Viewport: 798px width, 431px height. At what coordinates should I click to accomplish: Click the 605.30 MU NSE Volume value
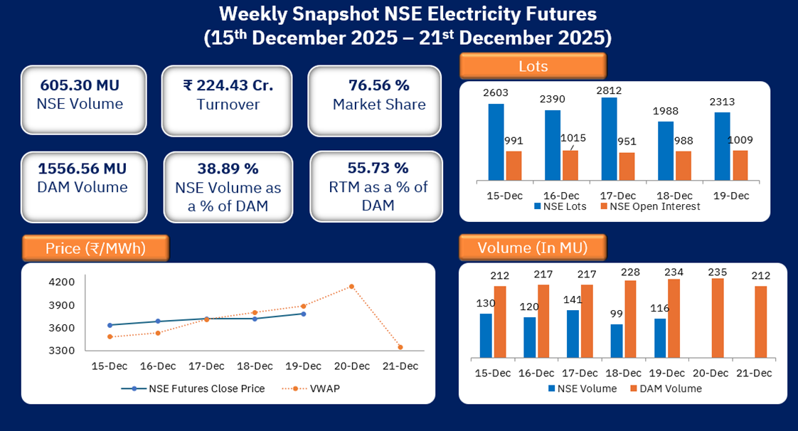[80, 86]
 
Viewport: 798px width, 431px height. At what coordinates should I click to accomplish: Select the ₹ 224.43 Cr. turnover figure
[228, 86]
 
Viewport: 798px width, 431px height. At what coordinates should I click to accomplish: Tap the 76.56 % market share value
[378, 86]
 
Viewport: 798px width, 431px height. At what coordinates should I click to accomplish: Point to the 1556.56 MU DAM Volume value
[83, 169]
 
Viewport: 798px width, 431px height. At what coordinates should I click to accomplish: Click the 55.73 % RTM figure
[378, 169]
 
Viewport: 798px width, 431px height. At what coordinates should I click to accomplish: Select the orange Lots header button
[533, 66]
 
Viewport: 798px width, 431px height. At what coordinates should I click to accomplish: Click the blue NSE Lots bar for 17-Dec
[609, 139]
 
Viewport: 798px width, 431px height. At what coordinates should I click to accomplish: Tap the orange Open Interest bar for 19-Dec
[740, 165]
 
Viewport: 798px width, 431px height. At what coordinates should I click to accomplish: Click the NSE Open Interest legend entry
[650, 206]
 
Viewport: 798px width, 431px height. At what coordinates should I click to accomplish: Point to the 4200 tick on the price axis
[63, 282]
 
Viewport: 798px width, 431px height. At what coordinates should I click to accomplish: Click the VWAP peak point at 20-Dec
[351, 287]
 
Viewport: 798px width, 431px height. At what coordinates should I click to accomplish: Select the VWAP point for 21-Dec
[400, 347]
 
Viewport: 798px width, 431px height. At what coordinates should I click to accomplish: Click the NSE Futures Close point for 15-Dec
[110, 325]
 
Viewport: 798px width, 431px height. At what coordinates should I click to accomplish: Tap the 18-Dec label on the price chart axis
[255, 366]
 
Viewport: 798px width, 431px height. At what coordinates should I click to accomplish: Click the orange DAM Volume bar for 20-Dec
[718, 318]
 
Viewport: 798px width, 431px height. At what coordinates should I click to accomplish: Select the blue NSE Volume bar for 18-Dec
[617, 341]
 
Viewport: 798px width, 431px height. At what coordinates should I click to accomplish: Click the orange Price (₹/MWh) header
[95, 248]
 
